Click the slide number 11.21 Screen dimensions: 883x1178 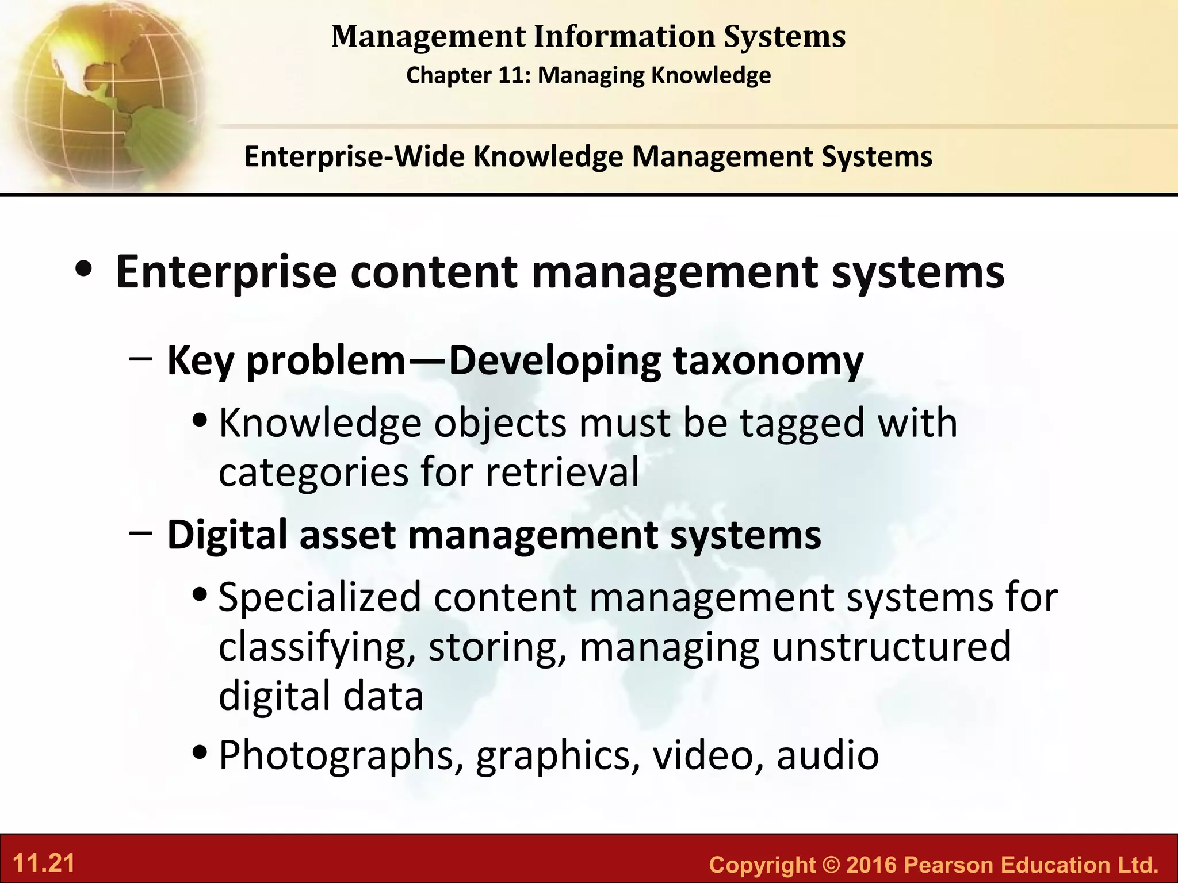pos(44,863)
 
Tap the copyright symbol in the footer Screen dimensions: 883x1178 pos(830,865)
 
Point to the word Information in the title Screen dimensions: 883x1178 pos(624,37)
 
